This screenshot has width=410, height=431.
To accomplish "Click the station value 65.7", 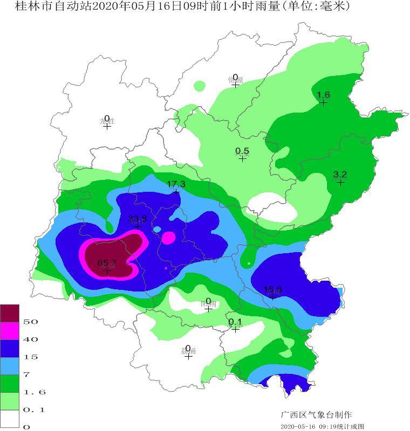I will (x=107, y=262).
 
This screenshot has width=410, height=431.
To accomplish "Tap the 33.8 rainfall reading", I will (x=137, y=218).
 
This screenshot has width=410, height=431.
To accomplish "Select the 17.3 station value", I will (x=176, y=184).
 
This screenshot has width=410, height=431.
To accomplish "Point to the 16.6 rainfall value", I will (x=273, y=290).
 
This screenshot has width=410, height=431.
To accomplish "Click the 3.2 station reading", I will (x=340, y=174).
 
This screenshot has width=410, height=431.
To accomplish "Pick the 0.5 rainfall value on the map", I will (x=242, y=151).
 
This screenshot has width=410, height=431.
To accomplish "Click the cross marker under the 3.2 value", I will (x=340, y=182).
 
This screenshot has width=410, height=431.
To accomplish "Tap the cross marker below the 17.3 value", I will (x=176, y=192).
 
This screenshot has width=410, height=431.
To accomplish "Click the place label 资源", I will (x=235, y=80).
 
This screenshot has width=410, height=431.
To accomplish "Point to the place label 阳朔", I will (x=209, y=304).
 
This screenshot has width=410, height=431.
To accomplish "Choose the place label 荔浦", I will (x=188, y=351).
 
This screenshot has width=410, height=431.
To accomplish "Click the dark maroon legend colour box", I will (x=10, y=313).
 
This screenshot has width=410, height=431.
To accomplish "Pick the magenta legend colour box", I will (x=10, y=331).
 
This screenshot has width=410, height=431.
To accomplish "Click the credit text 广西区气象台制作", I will (x=316, y=415).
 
